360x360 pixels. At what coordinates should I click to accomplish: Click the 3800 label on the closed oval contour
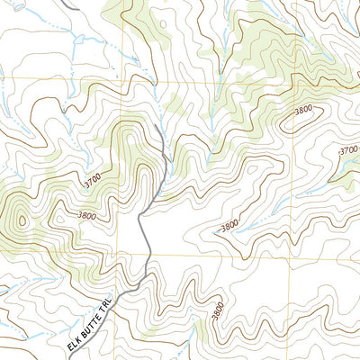coord(304,111)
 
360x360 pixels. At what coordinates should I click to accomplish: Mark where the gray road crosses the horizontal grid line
coord(147,255)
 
